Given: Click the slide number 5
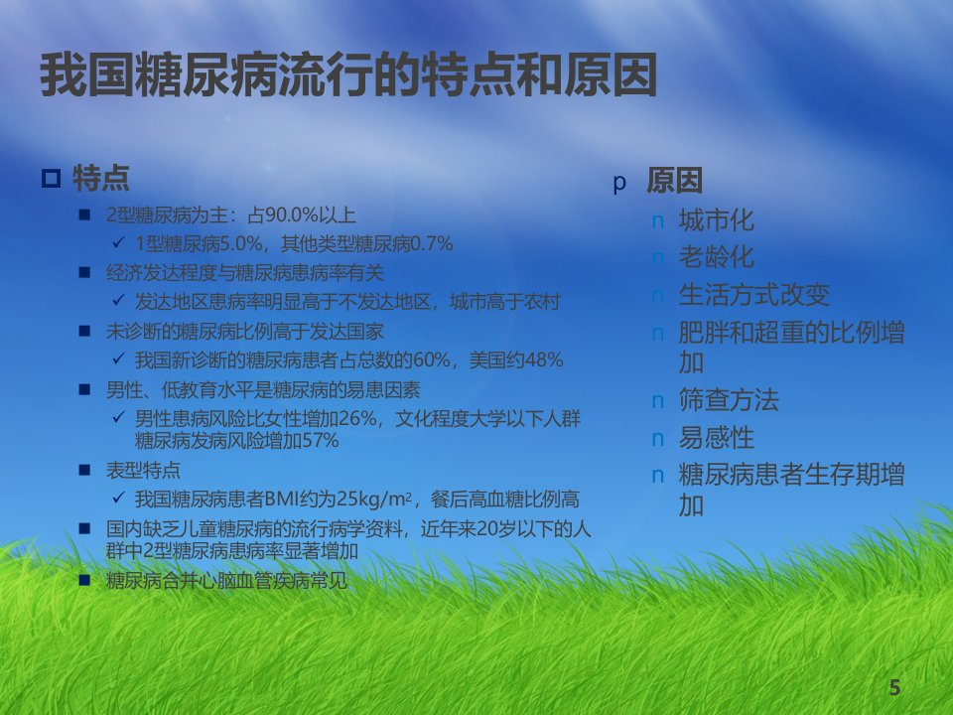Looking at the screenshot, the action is [894, 687].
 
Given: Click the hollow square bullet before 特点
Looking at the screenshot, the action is [51, 178].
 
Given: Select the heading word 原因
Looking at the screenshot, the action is [674, 181].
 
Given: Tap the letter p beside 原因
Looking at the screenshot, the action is [619, 183].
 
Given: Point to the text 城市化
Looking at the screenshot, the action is [717, 219].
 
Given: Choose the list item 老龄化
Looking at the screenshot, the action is [717, 256].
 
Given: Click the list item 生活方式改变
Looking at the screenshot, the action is [754, 294].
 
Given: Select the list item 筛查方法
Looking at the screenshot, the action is [729, 399].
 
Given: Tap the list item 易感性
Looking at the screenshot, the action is [717, 437].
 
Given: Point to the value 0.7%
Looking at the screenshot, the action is [432, 244].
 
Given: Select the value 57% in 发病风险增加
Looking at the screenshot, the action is [321, 440].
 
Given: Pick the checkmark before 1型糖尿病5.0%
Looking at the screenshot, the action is [118, 242].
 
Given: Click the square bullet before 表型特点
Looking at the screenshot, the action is [84, 470].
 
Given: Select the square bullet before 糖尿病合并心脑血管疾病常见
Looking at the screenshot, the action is [84, 580].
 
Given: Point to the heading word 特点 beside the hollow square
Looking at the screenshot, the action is [101, 178].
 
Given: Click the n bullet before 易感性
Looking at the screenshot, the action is [657, 439].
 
